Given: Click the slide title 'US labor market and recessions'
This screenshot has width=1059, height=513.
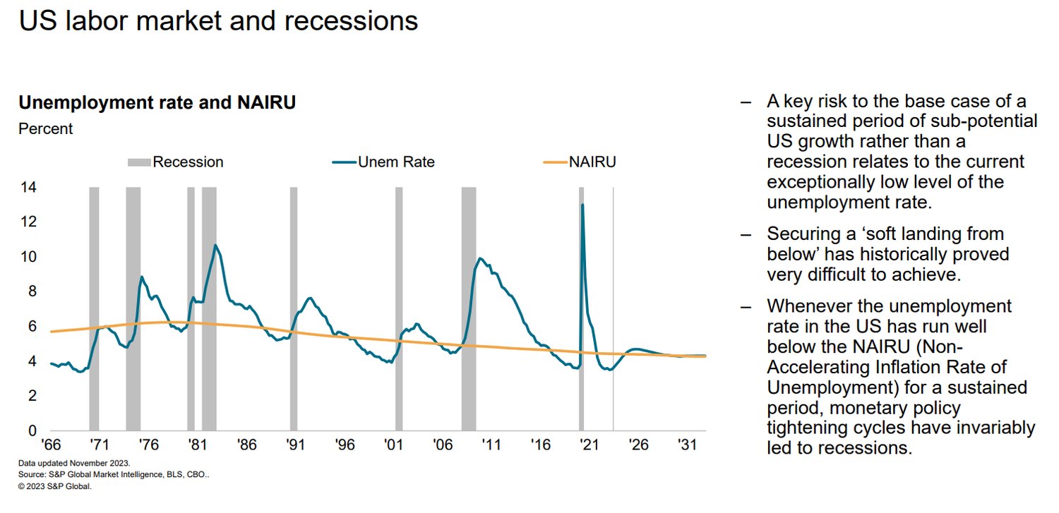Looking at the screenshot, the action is point(218,21).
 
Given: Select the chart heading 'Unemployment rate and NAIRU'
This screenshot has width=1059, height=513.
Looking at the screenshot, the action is point(157,102).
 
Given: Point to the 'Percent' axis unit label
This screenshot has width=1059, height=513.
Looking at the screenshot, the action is point(45,128).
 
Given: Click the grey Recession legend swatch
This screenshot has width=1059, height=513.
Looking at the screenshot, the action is point(139,162).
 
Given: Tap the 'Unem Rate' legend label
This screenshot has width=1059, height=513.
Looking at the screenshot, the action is point(396,162).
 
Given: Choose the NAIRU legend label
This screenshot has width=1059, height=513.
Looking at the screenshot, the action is point(592,162).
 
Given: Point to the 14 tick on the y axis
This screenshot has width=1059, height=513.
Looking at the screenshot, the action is point(28,188).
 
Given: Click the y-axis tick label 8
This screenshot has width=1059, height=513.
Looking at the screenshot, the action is point(32,291).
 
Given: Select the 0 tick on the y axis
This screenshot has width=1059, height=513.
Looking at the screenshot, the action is point(32,430).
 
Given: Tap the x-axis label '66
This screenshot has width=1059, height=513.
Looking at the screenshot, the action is point(51,445).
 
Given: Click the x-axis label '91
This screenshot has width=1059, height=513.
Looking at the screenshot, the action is point(296,445).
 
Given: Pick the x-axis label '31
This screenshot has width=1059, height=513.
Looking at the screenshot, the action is point(687,445).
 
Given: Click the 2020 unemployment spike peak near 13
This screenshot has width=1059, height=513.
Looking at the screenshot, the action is point(582,205).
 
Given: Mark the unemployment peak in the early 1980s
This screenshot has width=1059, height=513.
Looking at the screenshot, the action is point(215,245).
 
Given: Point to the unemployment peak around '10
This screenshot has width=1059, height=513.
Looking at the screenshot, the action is point(480,258).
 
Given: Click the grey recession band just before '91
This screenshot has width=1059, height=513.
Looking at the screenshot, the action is point(294,308).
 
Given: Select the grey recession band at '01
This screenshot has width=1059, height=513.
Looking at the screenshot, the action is point(399,308).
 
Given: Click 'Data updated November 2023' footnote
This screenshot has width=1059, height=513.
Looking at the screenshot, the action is point(74,464).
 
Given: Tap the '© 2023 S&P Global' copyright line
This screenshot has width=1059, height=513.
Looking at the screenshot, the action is point(55,487).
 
